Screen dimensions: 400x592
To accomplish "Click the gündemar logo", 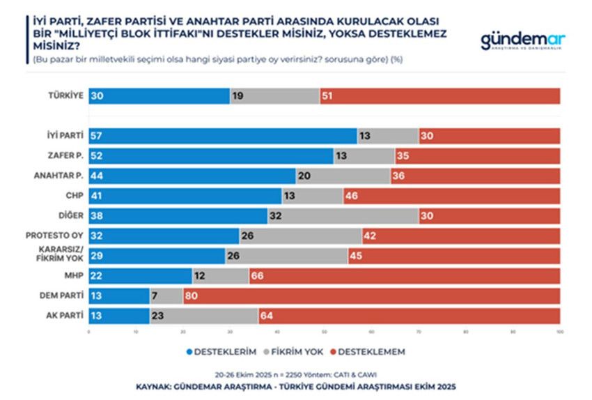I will coord(522,40).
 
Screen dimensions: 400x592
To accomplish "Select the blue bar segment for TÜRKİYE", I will coord(159,96).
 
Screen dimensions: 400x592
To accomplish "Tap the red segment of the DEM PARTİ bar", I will coord(371,295).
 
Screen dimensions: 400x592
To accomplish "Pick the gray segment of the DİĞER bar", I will coord(343,216).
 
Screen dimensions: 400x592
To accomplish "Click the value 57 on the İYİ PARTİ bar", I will coord(98,136).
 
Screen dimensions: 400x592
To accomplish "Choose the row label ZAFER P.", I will coord(65,156).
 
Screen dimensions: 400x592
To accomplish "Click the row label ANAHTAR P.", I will coord(61,176).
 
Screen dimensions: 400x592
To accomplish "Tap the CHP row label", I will coord(75,196).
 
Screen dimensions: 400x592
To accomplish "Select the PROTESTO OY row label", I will coord(58,236).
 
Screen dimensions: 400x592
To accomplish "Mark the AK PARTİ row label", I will coord(65,316).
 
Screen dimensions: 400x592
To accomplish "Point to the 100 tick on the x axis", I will coord(559,332).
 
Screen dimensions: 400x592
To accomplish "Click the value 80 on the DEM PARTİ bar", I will coord(192,295).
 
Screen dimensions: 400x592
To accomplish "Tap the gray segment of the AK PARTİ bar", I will coord(204,316).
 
